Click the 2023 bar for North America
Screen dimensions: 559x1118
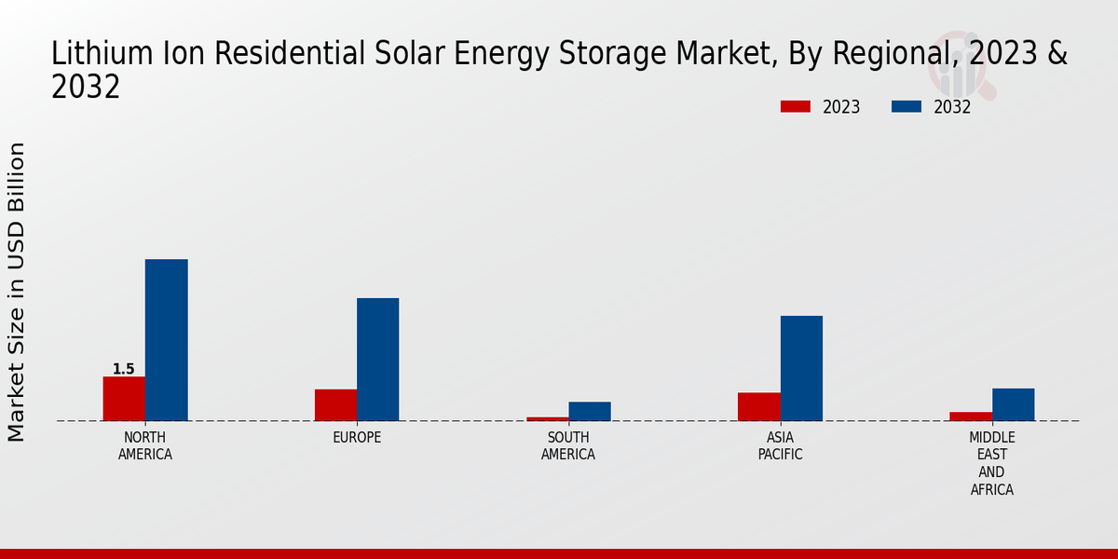(x=124, y=399)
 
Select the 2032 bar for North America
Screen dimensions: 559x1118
(x=166, y=340)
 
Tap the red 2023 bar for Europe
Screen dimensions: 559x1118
(x=335, y=405)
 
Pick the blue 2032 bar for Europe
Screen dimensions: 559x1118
(x=377, y=360)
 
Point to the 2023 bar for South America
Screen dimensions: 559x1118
(x=548, y=418)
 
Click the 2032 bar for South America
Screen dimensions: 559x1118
(x=590, y=411)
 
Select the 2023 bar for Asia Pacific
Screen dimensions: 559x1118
(x=759, y=407)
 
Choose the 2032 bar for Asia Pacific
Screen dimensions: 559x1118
(x=801, y=368)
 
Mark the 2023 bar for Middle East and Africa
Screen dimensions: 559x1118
(x=971, y=416)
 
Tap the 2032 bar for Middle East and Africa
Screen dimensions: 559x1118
(x=1013, y=404)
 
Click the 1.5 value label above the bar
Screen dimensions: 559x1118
(x=124, y=370)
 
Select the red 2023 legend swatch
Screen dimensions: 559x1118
(x=796, y=107)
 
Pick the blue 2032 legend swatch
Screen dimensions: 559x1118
(x=907, y=107)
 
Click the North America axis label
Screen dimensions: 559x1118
(x=145, y=446)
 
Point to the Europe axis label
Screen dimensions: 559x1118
(x=357, y=438)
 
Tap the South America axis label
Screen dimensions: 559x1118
(x=568, y=446)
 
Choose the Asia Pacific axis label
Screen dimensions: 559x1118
(x=780, y=446)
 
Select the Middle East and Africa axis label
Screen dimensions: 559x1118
(x=992, y=464)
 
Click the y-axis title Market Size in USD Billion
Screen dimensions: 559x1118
(x=17, y=292)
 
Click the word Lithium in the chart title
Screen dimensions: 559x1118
(x=93, y=54)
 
